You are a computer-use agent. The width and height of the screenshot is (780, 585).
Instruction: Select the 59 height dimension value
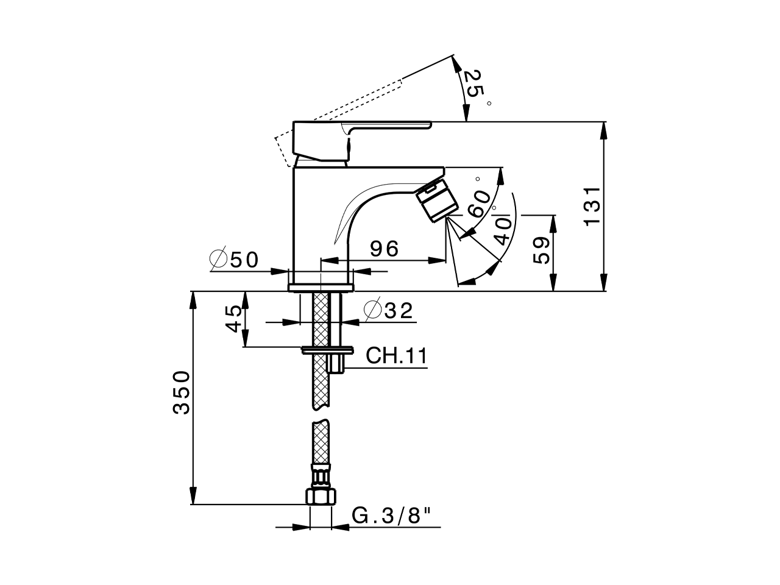click(542, 249)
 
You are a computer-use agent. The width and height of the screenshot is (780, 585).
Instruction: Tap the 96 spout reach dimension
click(385, 249)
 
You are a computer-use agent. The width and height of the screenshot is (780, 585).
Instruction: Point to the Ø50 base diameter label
click(234, 260)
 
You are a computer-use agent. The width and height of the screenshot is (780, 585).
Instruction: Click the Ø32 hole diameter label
click(388, 311)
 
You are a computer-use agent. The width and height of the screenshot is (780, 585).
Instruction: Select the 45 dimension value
click(233, 319)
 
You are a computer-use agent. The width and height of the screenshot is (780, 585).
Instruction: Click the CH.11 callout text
click(395, 356)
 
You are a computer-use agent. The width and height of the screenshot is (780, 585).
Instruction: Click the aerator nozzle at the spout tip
click(436, 200)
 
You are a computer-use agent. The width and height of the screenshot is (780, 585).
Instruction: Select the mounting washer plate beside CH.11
click(328, 350)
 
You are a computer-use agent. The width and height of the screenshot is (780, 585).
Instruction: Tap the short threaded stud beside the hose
click(336, 364)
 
